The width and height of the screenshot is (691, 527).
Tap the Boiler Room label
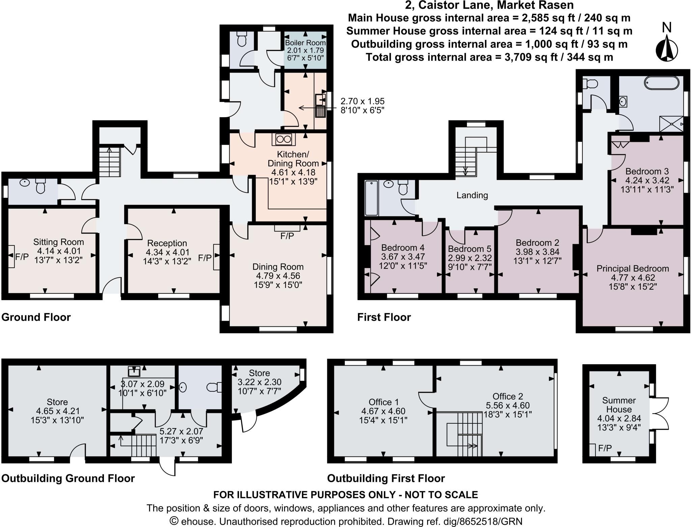305,43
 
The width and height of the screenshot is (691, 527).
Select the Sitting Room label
59,242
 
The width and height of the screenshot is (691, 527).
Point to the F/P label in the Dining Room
287,236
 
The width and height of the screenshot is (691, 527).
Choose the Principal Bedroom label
633,269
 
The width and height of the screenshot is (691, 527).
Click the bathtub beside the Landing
371,198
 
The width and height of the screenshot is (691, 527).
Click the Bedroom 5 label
470,249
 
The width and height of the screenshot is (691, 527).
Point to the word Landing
472,195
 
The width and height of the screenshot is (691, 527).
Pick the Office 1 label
384,402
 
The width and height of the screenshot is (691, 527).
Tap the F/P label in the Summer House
605,448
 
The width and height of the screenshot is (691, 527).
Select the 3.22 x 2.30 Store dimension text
259,382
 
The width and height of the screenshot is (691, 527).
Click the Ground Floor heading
36,317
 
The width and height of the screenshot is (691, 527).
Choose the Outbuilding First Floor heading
386,478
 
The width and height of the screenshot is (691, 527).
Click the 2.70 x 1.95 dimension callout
363,105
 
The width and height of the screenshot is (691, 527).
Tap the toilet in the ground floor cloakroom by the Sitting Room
40,186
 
